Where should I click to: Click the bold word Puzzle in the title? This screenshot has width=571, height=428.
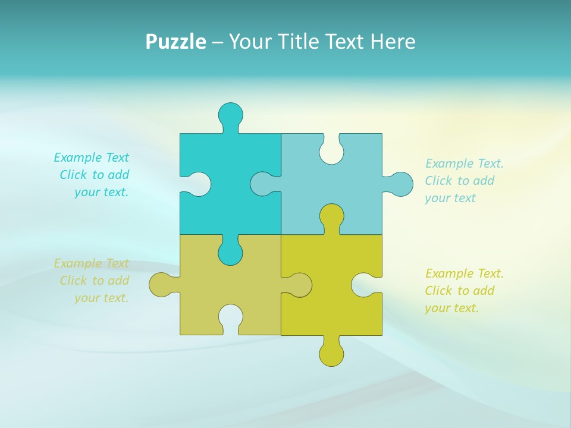point(175,42)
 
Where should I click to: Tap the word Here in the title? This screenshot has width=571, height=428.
point(393,42)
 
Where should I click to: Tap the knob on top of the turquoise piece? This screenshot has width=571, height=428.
point(230,114)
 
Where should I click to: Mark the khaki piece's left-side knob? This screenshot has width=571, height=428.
point(161,285)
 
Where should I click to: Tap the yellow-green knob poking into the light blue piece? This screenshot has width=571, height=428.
point(331,215)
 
